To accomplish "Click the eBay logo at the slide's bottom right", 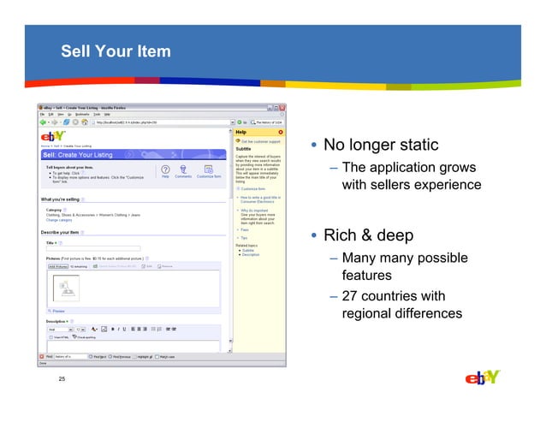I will click(482, 378).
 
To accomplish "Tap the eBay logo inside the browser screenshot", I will click(54, 136).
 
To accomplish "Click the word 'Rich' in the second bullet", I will click(341, 235).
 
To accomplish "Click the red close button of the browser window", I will click(281, 107).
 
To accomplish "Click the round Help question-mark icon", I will click(165, 169).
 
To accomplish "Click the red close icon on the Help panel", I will click(281, 132).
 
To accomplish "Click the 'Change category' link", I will click(58, 220).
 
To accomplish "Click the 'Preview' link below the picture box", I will click(58, 311).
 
